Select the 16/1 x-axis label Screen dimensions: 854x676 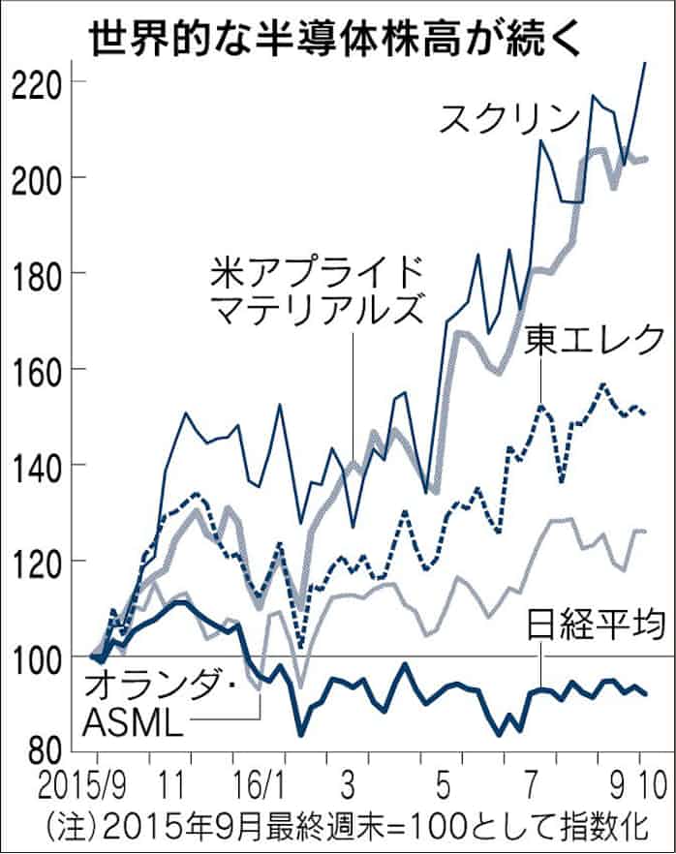[256, 780]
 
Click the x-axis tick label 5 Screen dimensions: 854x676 [442, 780]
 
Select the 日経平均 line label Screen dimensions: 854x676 [597, 626]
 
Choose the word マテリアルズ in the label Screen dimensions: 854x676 [317, 311]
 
